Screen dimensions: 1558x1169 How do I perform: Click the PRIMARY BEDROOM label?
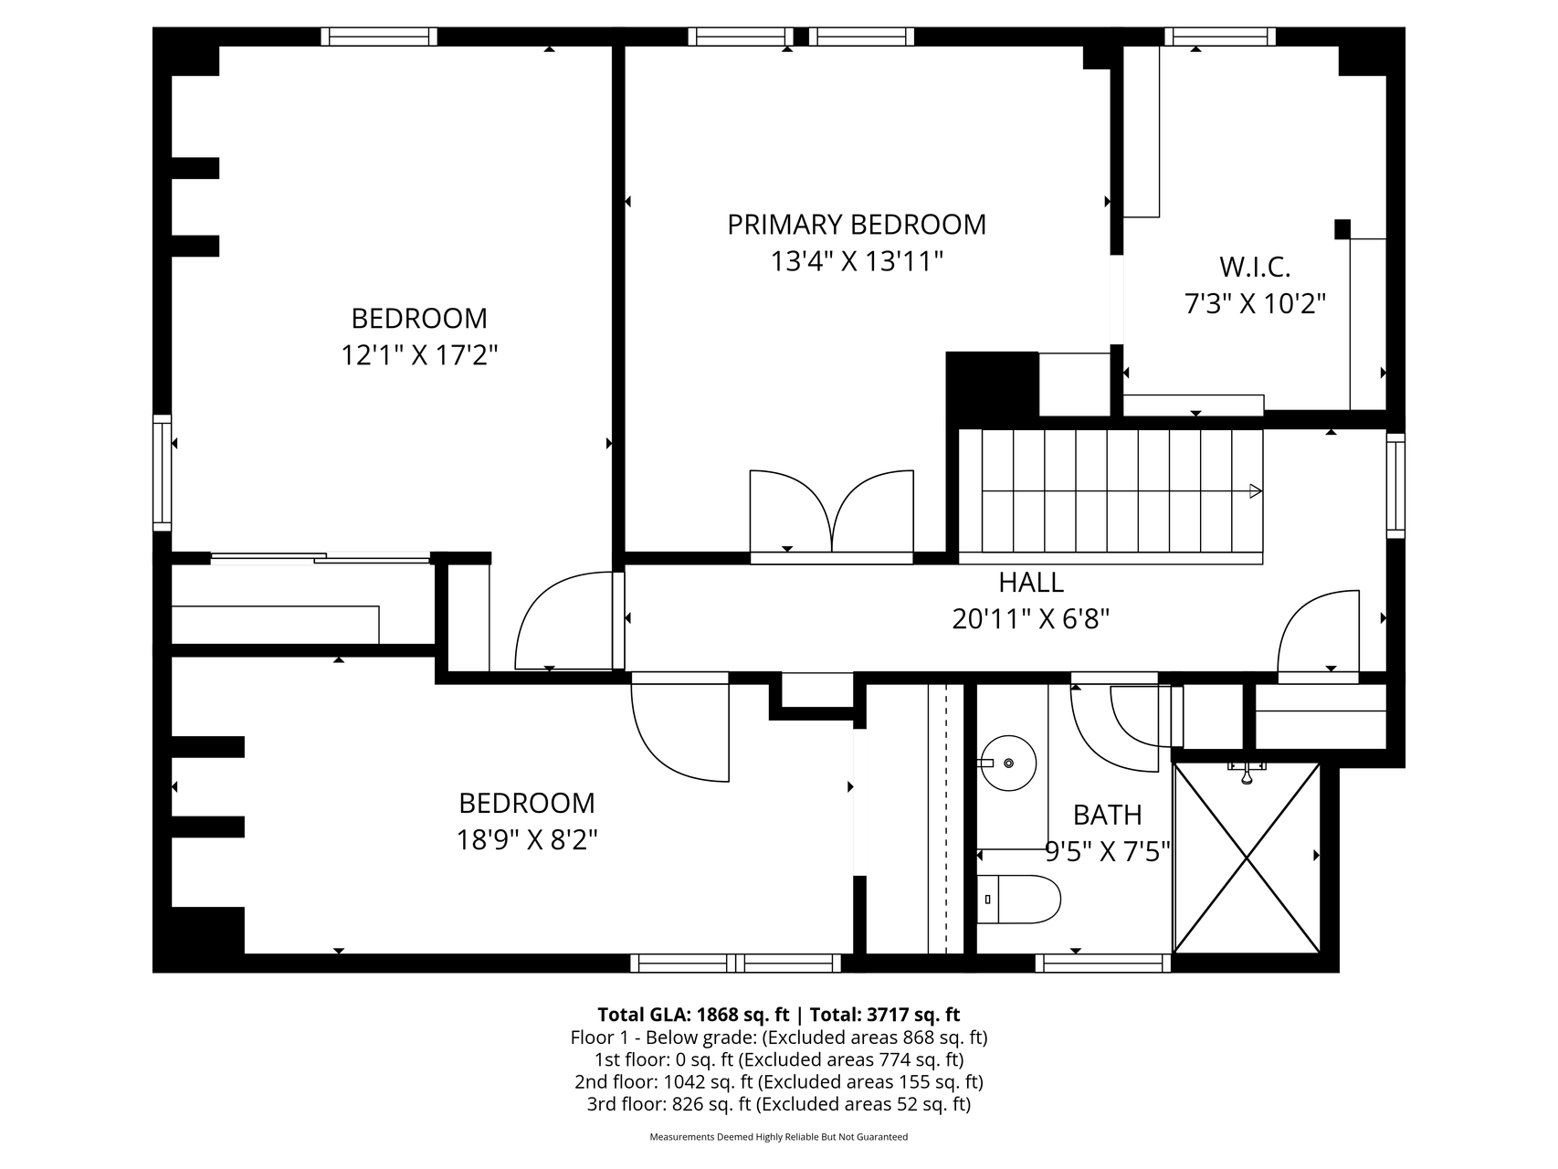(x=857, y=225)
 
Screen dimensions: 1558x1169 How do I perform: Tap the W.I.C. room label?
(x=1255, y=267)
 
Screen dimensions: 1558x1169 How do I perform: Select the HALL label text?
(x=1031, y=582)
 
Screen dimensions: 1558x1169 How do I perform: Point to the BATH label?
(x=1107, y=814)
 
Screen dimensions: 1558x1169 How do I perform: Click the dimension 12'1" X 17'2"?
(x=419, y=354)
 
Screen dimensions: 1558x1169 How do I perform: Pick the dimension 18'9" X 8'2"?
(x=527, y=839)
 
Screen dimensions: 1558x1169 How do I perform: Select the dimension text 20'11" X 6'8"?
(x=1031, y=619)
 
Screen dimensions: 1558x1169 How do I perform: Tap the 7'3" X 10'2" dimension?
(x=1255, y=303)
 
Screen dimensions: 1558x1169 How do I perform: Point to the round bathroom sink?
(x=1008, y=763)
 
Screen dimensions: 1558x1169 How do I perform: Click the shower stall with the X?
(x=1247, y=858)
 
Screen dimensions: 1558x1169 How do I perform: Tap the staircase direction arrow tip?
(x=1261, y=491)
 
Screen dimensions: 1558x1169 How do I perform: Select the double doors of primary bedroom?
(x=831, y=513)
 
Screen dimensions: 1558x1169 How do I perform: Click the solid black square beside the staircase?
(x=993, y=384)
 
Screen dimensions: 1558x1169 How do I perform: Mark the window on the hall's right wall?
(x=1395, y=484)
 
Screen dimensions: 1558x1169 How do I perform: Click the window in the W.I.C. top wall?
(x=1220, y=37)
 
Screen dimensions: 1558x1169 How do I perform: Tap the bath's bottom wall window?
(x=1103, y=963)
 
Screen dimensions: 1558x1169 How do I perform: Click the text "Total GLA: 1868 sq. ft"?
(x=693, y=1015)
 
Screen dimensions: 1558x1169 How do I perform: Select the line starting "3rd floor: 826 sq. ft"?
(x=779, y=1104)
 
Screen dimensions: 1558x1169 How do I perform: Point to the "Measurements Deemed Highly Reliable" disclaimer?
(x=779, y=1137)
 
